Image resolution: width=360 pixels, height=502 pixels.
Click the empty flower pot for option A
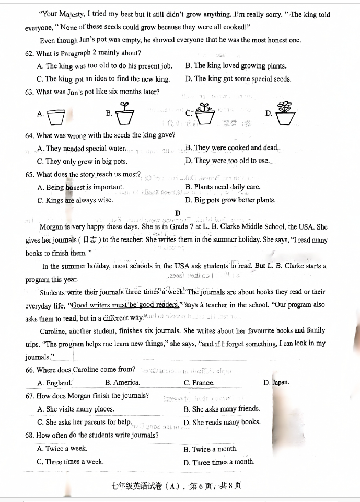point(55,118)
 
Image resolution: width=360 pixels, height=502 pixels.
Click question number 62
point(29,53)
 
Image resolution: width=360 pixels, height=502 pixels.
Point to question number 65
point(29,175)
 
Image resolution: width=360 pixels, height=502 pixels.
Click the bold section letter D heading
point(178,213)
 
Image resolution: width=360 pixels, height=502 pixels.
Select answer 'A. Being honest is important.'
point(80,187)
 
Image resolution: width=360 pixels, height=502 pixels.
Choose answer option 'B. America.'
point(122,383)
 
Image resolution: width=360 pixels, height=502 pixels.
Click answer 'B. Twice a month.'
point(210,449)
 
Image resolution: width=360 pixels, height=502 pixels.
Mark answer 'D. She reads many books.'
point(222,423)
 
